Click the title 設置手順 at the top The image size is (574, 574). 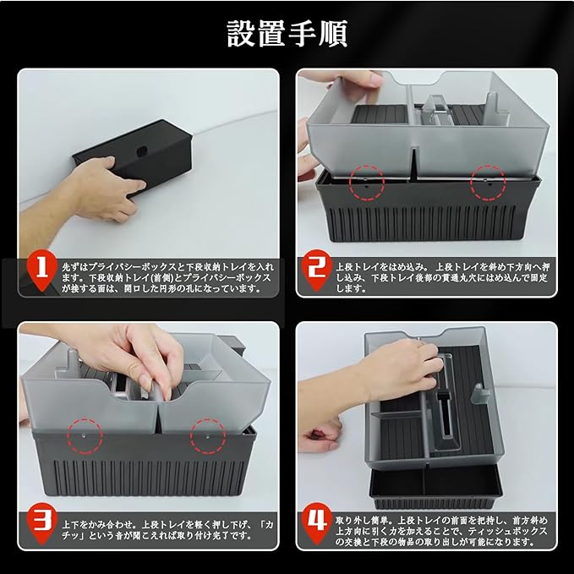click(x=287, y=34)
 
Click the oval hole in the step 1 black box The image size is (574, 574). click(x=141, y=150)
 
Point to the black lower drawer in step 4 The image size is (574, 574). click(x=435, y=487)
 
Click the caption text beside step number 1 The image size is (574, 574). click(x=167, y=277)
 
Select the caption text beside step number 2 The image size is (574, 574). click(x=442, y=277)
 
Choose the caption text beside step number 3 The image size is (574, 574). click(x=167, y=530)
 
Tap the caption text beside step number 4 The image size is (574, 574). click(x=441, y=531)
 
